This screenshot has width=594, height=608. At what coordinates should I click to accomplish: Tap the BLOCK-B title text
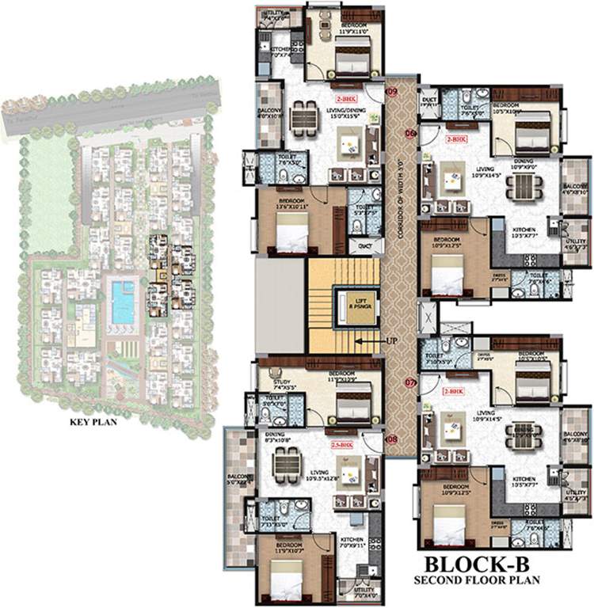click(x=478, y=564)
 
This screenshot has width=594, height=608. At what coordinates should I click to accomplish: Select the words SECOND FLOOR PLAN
click(x=478, y=580)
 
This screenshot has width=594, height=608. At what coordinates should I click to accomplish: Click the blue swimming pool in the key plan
click(x=123, y=302)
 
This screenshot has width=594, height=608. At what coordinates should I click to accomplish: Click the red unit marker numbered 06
click(x=410, y=133)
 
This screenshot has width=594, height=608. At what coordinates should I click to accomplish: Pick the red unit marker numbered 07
click(x=410, y=382)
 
